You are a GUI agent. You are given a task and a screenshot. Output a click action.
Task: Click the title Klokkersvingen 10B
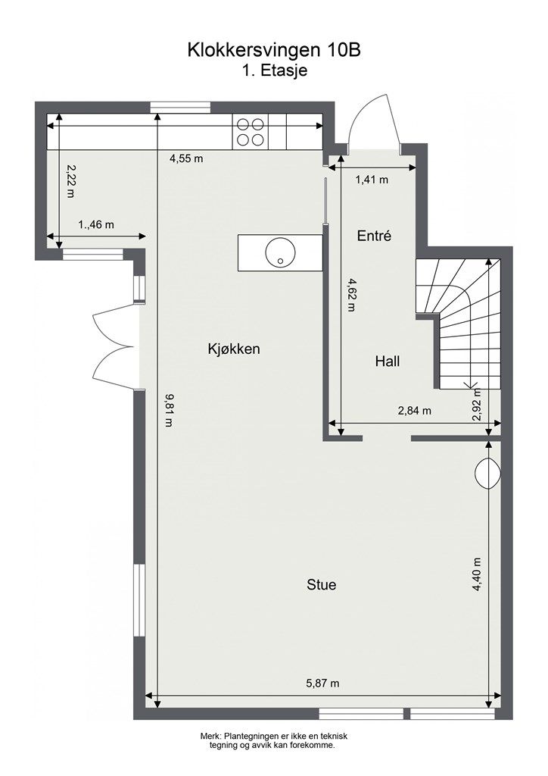click(x=274, y=50)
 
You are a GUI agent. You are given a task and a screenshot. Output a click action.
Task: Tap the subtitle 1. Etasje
click(x=275, y=70)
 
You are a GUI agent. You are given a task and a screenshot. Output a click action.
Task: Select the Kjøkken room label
click(x=234, y=349)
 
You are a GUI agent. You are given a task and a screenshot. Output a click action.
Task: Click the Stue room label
click(x=322, y=584)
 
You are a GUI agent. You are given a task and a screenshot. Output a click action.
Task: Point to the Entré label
click(x=374, y=236)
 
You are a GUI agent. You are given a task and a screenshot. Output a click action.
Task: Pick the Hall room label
click(x=388, y=361)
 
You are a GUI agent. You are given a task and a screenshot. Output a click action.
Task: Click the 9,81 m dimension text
click(x=169, y=410)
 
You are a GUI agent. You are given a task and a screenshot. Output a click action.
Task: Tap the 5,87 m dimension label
click(x=322, y=683)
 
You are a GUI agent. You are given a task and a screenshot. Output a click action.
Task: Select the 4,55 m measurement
click(x=186, y=158)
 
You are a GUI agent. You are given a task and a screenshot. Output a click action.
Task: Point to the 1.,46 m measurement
click(x=96, y=224)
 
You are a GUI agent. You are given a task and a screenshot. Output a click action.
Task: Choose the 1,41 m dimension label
click(x=372, y=179)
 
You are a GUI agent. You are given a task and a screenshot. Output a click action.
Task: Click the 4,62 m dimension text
click(x=351, y=295)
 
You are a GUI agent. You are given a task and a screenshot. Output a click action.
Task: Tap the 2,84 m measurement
click(x=415, y=410)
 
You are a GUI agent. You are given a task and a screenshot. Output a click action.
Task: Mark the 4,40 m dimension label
click(x=476, y=574)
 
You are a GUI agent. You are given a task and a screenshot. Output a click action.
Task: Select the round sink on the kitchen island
click(x=280, y=252)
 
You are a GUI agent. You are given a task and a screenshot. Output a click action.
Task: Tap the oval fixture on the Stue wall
click(x=487, y=474)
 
